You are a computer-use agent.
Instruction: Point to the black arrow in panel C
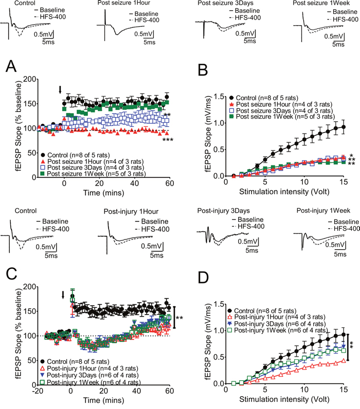(63, 295)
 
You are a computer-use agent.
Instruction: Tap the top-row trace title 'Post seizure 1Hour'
(123, 4)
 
